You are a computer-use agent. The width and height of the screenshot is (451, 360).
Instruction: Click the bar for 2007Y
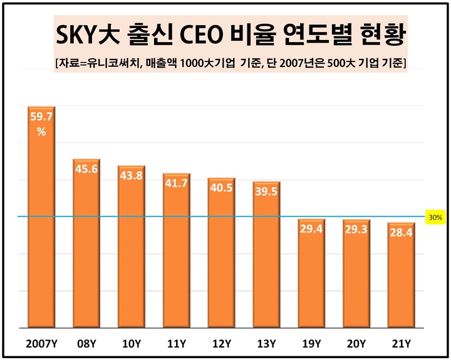[41, 219]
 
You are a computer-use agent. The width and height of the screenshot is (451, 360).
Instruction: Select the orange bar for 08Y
[86, 244]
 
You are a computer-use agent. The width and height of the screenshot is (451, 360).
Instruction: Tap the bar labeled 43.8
[132, 247]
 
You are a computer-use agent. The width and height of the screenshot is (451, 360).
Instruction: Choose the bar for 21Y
[401, 275]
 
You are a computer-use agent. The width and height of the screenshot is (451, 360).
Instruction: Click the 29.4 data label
[311, 229]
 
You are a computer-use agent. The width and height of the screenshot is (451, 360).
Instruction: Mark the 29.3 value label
[356, 230]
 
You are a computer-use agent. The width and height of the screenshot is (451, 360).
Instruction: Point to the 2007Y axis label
[41, 343]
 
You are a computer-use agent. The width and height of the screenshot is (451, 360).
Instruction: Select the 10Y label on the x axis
[132, 343]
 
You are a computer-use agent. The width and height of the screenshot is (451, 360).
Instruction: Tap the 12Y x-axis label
[221, 343]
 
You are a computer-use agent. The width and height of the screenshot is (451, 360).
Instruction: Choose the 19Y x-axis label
[311, 343]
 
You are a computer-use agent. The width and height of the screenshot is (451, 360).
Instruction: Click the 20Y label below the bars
[356, 343]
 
